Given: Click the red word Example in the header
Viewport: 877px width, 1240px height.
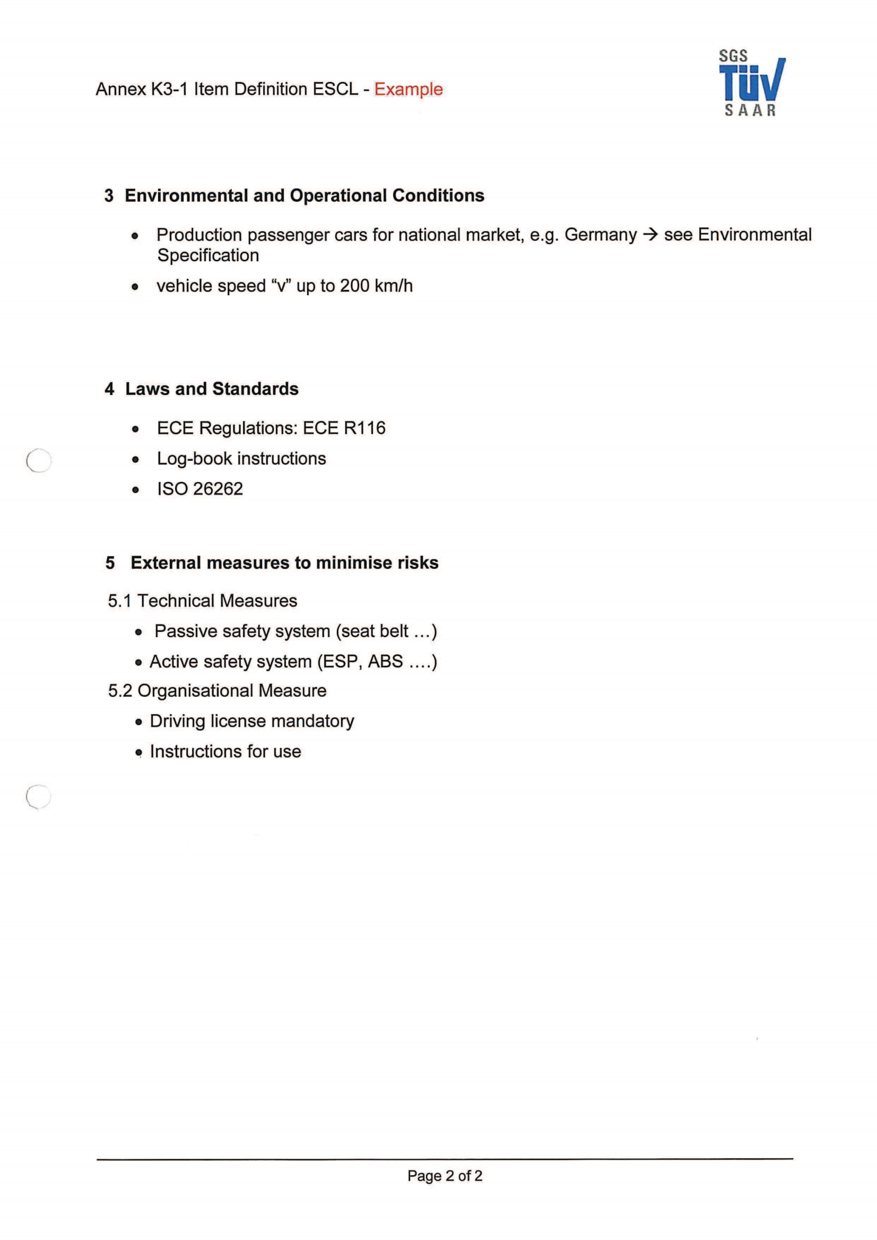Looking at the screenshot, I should point(408,89).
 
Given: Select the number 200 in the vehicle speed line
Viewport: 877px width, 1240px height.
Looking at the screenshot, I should point(354,286).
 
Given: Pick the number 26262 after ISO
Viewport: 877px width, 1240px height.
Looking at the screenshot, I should point(218,489).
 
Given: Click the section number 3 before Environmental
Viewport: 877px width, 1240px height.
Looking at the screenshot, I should point(109,196).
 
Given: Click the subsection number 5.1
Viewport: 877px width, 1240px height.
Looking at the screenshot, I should point(119,601).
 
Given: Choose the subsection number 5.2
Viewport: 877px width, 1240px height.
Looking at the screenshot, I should point(119,691).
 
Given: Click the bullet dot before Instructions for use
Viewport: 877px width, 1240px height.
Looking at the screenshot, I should point(139,752).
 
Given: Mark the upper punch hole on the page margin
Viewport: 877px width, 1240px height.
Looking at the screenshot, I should point(39,461).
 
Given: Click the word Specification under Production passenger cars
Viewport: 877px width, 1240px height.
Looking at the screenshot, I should point(208,256).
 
